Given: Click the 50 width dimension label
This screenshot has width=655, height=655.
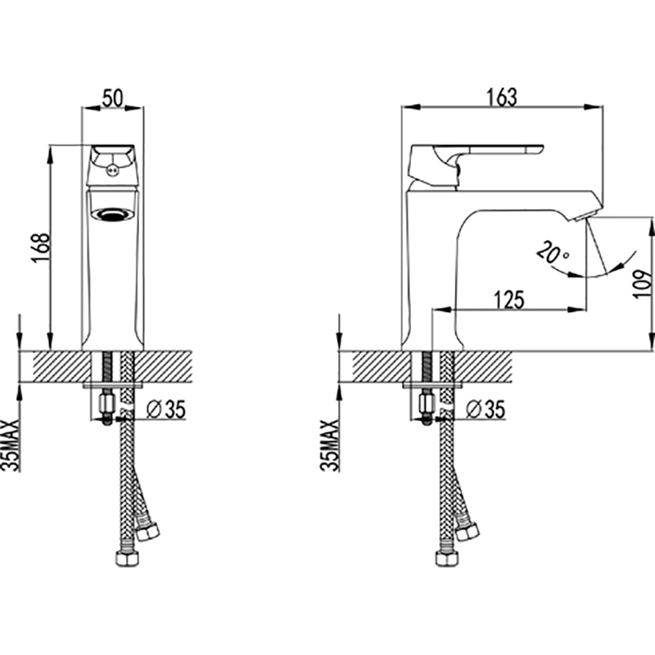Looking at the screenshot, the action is tap(113, 98).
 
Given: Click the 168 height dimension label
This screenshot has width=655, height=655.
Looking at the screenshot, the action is tap(41, 248).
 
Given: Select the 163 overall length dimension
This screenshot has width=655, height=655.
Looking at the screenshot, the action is tap(501, 97).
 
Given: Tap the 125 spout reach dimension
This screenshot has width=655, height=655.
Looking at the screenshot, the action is tap(508, 300).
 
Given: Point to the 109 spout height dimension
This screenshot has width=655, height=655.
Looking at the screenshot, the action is tap(643, 283).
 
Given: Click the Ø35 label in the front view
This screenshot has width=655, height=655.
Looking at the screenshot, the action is tap(166, 409).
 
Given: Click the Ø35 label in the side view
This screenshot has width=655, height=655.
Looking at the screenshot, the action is tap(486, 409).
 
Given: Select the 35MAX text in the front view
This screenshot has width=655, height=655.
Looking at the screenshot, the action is tap(10, 445).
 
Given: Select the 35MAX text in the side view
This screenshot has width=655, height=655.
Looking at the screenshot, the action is tap(330, 445).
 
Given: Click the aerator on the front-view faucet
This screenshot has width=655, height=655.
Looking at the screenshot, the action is tap(113, 214).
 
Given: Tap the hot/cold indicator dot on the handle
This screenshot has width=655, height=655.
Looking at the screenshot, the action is tap(111, 170).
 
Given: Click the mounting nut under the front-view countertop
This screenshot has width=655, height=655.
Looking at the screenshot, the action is tap(106, 404).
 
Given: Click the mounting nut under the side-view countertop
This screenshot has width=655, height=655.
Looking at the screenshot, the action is tap(426, 404).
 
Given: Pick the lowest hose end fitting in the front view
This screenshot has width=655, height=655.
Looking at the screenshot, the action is tap(127, 558).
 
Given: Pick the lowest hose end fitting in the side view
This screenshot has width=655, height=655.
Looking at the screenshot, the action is tap(446, 558).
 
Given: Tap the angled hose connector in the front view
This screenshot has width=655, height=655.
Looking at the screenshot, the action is tap(148, 531).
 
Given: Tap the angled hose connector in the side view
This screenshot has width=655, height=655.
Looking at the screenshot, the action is tap(468, 531).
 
